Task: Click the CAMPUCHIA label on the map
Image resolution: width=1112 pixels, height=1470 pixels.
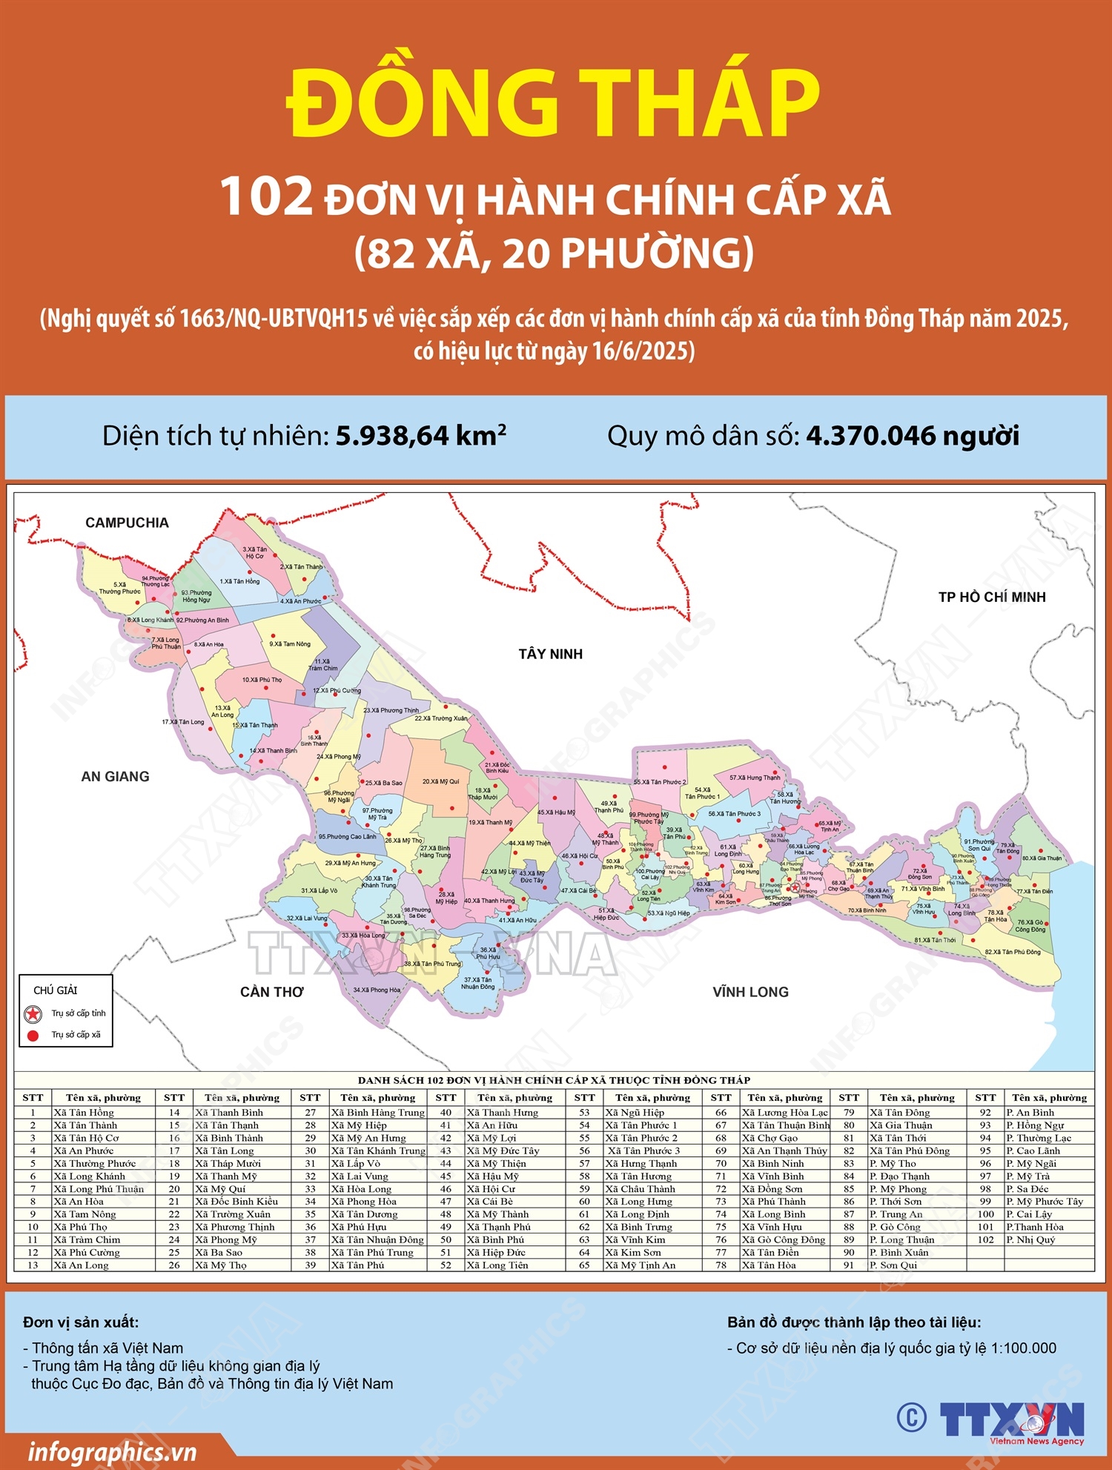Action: click(127, 523)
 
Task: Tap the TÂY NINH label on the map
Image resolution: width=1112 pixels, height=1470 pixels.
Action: click(550, 654)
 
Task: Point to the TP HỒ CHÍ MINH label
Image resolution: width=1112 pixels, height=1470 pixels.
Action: click(992, 597)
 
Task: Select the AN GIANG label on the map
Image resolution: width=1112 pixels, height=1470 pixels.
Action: click(115, 776)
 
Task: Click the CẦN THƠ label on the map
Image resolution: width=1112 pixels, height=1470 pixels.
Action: click(271, 992)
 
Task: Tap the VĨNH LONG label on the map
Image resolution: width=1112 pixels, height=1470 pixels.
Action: click(750, 992)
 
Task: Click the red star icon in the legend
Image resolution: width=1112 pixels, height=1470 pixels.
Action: click(33, 1013)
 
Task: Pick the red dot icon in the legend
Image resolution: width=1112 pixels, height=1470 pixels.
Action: click(33, 1036)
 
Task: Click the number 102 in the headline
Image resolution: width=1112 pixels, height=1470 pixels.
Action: click(267, 196)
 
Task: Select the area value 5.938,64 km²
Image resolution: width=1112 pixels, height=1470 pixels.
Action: click(420, 436)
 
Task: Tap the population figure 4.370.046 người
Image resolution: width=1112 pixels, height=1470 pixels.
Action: click(912, 436)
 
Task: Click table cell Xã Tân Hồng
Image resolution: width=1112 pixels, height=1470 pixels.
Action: click(83, 1112)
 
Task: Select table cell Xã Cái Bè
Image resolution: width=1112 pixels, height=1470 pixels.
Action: click(489, 1201)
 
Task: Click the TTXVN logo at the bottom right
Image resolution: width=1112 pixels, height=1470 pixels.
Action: click(1012, 1420)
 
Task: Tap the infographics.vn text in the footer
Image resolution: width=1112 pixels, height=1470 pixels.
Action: click(112, 1451)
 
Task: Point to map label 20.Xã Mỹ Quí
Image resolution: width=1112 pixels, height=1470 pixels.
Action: click(440, 781)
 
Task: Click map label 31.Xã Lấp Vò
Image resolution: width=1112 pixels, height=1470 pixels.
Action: click(319, 890)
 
